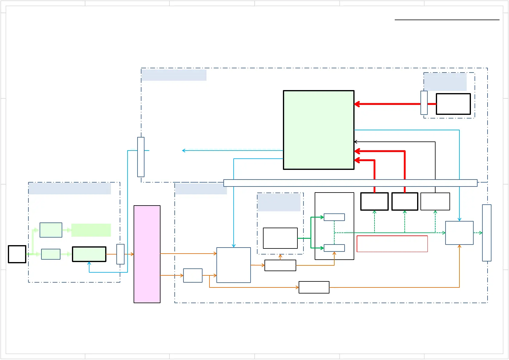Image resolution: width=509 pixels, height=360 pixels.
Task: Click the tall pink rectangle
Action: (x=147, y=254)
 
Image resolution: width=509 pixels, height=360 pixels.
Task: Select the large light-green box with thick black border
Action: (x=319, y=130)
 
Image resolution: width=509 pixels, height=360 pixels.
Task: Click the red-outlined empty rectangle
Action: (x=392, y=244)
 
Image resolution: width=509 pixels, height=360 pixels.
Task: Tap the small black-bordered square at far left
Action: (x=17, y=254)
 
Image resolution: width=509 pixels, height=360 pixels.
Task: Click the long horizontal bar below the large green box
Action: (x=350, y=183)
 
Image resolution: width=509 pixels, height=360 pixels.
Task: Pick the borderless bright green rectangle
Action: (x=91, y=230)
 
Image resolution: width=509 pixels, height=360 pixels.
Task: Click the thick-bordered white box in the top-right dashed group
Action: (x=453, y=104)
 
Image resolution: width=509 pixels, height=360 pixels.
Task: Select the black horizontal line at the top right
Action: (x=447, y=20)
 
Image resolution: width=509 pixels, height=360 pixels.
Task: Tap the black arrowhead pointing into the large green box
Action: (x=356, y=142)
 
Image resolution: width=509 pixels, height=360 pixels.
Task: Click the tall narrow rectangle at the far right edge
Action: (x=487, y=233)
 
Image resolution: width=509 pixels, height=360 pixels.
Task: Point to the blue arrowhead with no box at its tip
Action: (x=183, y=151)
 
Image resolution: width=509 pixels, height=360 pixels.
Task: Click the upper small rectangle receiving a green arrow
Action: (x=334, y=217)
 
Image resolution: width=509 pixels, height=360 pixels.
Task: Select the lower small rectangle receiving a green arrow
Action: (x=334, y=248)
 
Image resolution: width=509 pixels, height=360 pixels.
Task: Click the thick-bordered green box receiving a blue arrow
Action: (x=89, y=254)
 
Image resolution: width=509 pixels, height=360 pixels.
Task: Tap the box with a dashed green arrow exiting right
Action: (x=459, y=233)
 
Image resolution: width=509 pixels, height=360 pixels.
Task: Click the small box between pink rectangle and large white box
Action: (x=193, y=275)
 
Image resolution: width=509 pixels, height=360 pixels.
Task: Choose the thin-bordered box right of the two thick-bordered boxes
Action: (x=435, y=201)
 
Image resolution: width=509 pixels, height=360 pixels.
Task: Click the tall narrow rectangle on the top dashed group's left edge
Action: (x=141, y=157)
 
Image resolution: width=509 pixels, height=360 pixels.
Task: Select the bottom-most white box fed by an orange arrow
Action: (x=314, y=287)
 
